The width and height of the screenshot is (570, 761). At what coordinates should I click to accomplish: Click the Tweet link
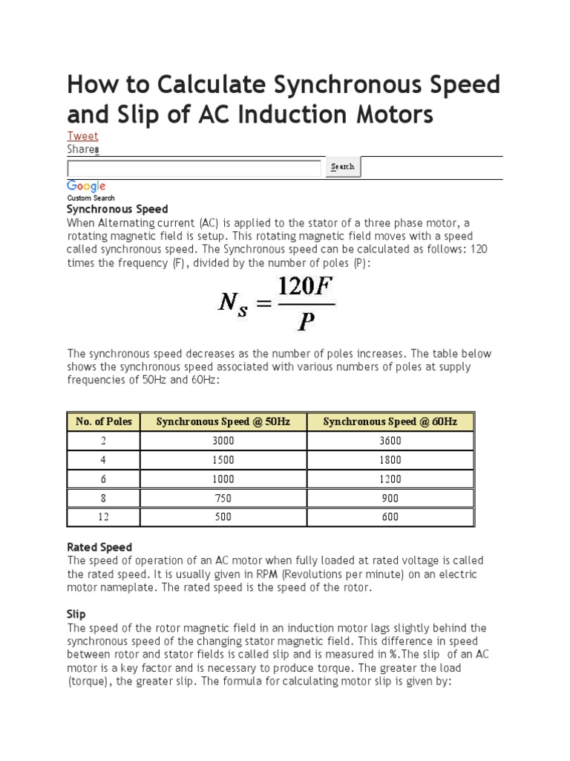tap(82, 136)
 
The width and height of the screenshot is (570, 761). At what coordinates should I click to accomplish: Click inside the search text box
tap(194, 167)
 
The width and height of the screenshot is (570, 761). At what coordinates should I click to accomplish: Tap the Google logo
tap(86, 187)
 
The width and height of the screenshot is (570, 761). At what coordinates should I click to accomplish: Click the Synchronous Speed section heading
tap(117, 210)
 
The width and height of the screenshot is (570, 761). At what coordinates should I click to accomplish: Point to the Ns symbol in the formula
tap(233, 303)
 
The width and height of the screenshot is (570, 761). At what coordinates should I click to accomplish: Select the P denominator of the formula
tap(305, 321)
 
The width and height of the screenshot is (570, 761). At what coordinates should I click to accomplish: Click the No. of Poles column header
tap(104, 421)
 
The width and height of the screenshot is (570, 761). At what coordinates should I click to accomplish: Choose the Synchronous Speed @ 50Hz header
tap(223, 421)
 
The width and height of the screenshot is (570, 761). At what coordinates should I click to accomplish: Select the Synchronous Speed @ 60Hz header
tap(390, 421)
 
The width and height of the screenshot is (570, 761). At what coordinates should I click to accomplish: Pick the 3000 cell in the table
tap(223, 441)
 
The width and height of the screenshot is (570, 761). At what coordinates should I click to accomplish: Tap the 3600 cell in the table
tap(390, 441)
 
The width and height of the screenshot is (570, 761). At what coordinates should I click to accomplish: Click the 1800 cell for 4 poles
tap(390, 460)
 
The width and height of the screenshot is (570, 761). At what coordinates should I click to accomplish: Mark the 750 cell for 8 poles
tap(223, 498)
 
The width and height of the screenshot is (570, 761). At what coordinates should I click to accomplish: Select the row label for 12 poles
tap(104, 517)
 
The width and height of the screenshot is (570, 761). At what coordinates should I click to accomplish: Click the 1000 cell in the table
tap(223, 479)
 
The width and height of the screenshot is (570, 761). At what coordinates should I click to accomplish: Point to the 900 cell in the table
tap(390, 498)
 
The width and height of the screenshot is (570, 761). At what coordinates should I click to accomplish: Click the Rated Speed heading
tap(99, 548)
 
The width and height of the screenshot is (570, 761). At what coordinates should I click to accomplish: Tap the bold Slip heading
tap(76, 614)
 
